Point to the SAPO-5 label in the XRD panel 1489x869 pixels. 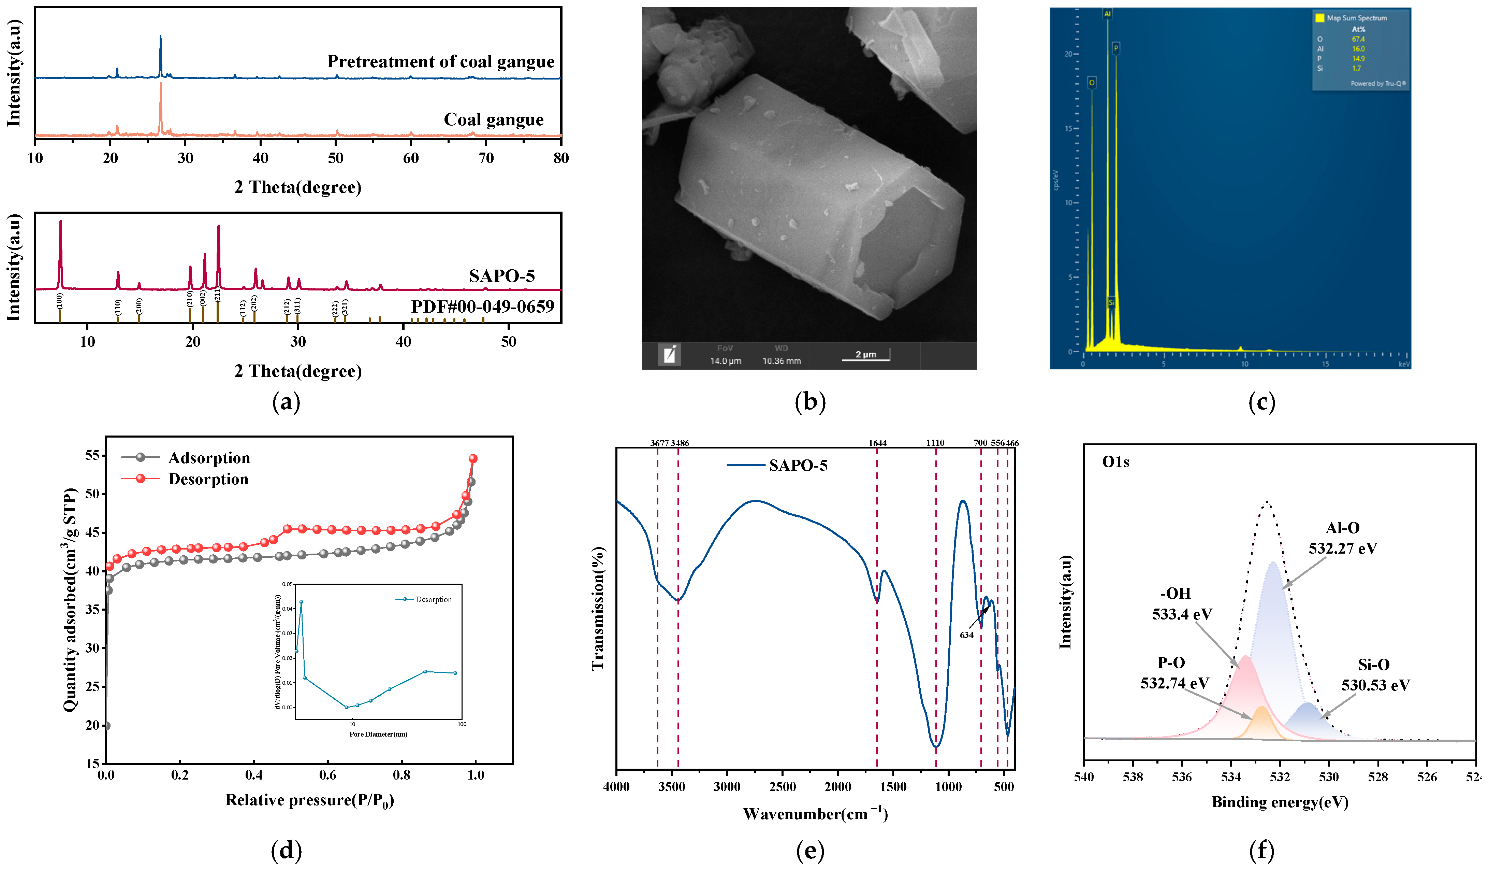click(x=502, y=276)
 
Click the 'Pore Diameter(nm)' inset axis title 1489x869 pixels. click(x=378, y=734)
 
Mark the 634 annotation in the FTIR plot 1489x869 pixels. click(x=967, y=635)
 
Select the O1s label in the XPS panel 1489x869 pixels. click(x=1115, y=462)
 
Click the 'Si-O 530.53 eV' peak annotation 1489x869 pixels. click(x=1375, y=675)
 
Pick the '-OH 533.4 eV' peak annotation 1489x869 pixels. click(x=1182, y=603)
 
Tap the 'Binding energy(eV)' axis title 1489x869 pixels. click(x=1280, y=802)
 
